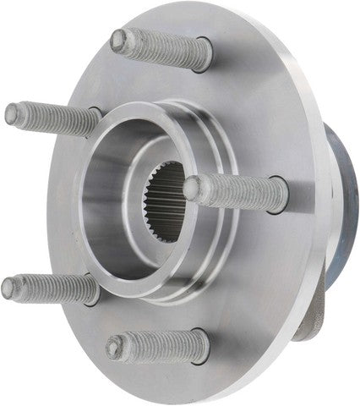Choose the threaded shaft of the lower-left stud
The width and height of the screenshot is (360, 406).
(51, 289)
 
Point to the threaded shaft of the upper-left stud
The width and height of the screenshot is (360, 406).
(51, 116)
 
